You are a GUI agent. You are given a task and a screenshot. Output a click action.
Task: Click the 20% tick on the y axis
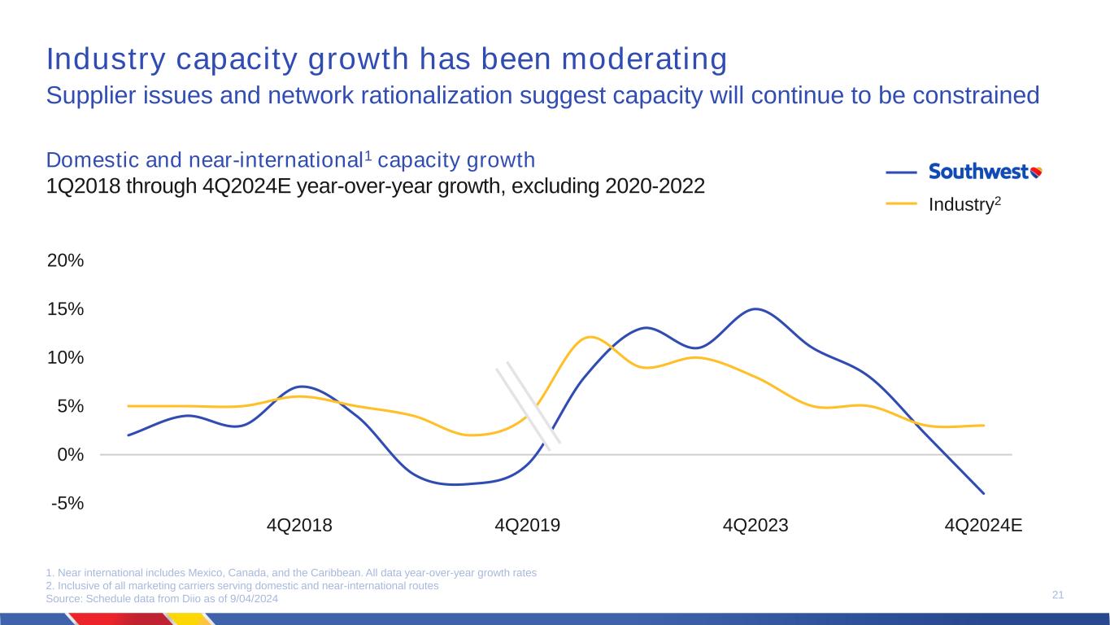click(66, 260)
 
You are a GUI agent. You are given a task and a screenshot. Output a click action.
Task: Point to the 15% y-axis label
click(66, 309)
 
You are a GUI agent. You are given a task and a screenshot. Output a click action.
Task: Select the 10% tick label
click(66, 357)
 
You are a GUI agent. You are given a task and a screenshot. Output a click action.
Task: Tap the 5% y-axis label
click(70, 406)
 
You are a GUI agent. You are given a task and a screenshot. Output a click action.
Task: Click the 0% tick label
click(70, 454)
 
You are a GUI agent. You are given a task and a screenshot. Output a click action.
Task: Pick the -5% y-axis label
click(67, 503)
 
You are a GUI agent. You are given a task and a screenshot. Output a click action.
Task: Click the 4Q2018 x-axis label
click(299, 525)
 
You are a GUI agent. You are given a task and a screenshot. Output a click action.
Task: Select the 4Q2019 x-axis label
click(527, 525)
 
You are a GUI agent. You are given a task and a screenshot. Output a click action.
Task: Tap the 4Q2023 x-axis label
click(755, 525)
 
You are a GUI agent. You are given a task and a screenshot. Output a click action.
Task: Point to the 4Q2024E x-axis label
click(983, 525)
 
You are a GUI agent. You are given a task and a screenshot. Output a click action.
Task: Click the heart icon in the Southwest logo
click(1036, 172)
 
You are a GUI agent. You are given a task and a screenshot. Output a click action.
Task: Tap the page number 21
click(1058, 597)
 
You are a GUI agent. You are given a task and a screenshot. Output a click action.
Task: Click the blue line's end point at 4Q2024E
click(983, 493)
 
